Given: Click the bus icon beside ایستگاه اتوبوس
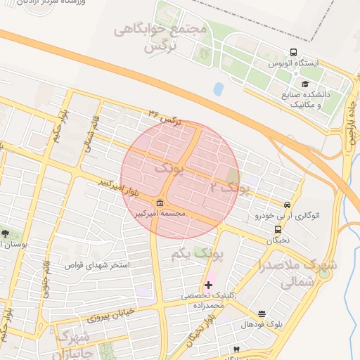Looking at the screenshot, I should [x=293, y=53].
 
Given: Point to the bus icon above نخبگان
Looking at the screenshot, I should [x=278, y=229].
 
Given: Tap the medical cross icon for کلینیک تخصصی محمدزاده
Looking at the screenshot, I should [x=208, y=285].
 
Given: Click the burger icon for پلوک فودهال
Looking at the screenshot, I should [x=262, y=314].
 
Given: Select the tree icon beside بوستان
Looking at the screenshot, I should [x=6, y=233].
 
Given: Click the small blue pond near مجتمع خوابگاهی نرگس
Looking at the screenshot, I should [x=218, y=89].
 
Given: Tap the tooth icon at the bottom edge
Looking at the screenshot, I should [x=236, y=349].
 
